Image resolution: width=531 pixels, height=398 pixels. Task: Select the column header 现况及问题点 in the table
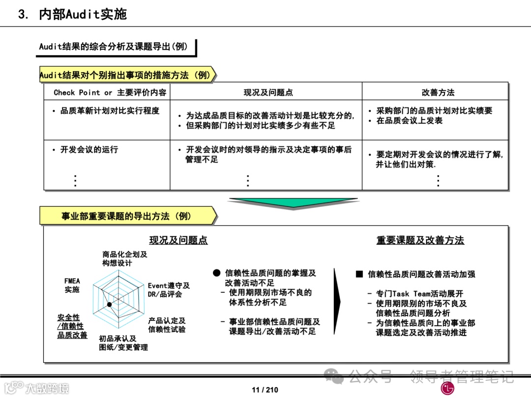pos(268,92)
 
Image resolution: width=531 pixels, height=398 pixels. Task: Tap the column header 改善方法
pos(438,92)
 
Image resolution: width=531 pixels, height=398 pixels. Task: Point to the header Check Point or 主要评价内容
pos(110,92)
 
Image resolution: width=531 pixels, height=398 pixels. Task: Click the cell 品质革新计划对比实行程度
pos(110,111)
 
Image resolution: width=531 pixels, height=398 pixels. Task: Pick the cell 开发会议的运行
pos(89,149)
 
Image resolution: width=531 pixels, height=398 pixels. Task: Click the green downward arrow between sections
pos(293,202)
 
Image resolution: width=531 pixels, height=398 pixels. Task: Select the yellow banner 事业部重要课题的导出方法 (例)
pos(126,216)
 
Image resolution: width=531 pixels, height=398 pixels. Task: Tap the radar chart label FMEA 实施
pos(72,285)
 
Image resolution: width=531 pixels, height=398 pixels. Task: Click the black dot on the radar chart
pos(110,305)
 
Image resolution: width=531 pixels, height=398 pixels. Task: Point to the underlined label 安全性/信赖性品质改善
pos(72,326)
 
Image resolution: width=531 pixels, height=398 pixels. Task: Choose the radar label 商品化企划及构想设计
pos(124,258)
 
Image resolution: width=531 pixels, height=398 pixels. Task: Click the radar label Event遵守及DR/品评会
pos(169,290)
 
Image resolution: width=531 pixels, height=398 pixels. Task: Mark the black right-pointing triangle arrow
pos(337,294)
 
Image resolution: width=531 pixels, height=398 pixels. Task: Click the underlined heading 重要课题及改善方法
pos(420,240)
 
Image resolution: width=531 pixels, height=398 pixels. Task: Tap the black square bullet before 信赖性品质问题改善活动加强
pos(359,274)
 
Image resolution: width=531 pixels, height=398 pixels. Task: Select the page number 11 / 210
pos(265,390)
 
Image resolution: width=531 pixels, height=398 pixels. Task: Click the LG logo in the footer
pos(447,389)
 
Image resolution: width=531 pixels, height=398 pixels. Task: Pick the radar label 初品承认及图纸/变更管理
pos(123,343)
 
